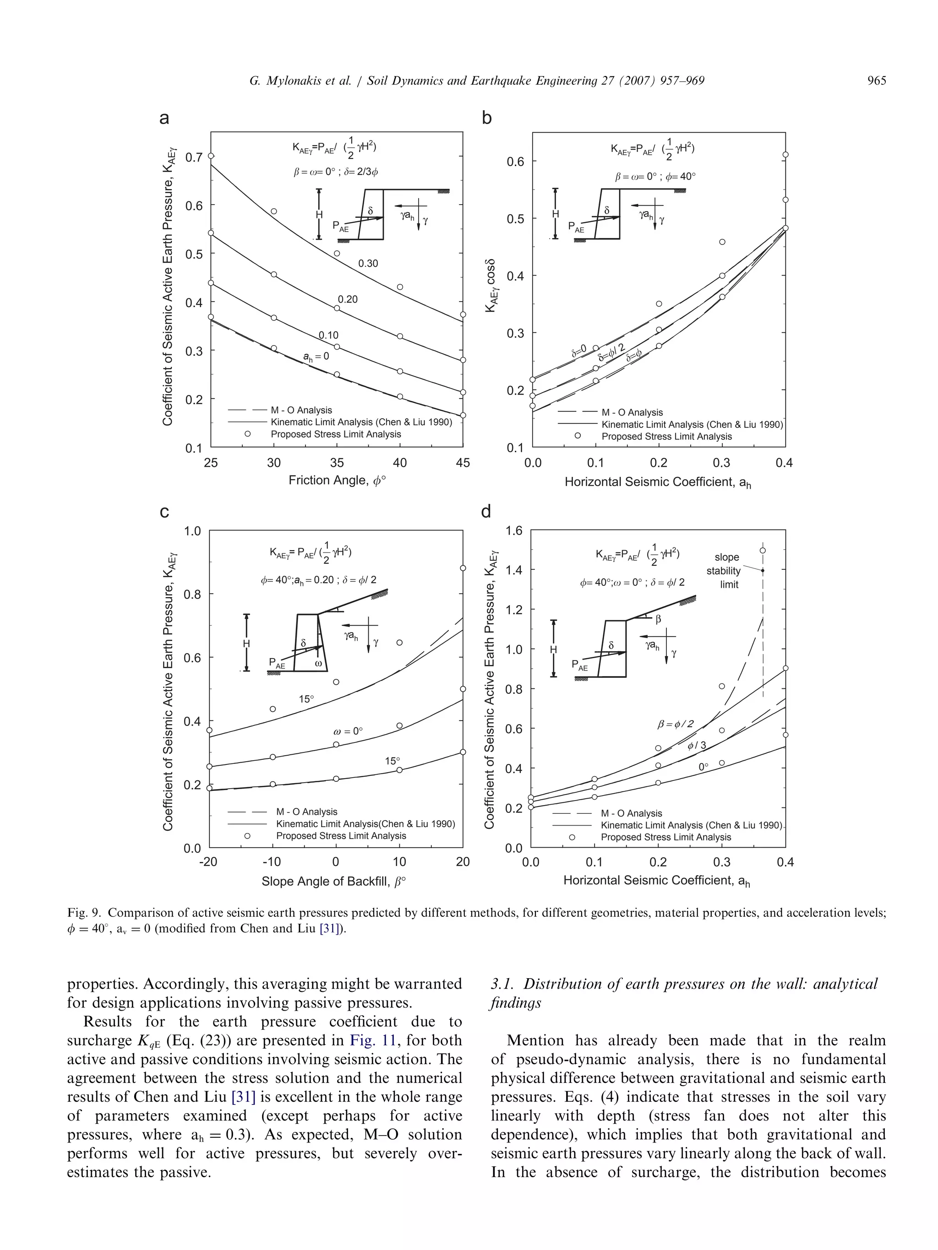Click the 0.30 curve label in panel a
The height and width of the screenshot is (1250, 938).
click(x=368, y=263)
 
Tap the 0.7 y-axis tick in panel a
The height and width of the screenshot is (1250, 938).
click(x=193, y=157)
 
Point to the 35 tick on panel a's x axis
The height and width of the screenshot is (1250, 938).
click(x=337, y=463)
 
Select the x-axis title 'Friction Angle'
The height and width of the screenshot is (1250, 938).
click(x=338, y=480)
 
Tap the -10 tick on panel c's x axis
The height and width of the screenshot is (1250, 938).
click(x=272, y=862)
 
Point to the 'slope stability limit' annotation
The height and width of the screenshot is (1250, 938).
click(x=724, y=571)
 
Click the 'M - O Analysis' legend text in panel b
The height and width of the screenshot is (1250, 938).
click(x=632, y=412)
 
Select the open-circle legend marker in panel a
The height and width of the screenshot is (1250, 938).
click(x=247, y=434)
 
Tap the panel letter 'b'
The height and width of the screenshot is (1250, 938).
click(x=486, y=118)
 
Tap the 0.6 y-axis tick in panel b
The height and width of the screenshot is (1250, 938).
click(x=515, y=162)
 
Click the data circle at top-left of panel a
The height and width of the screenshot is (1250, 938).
click(x=212, y=156)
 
